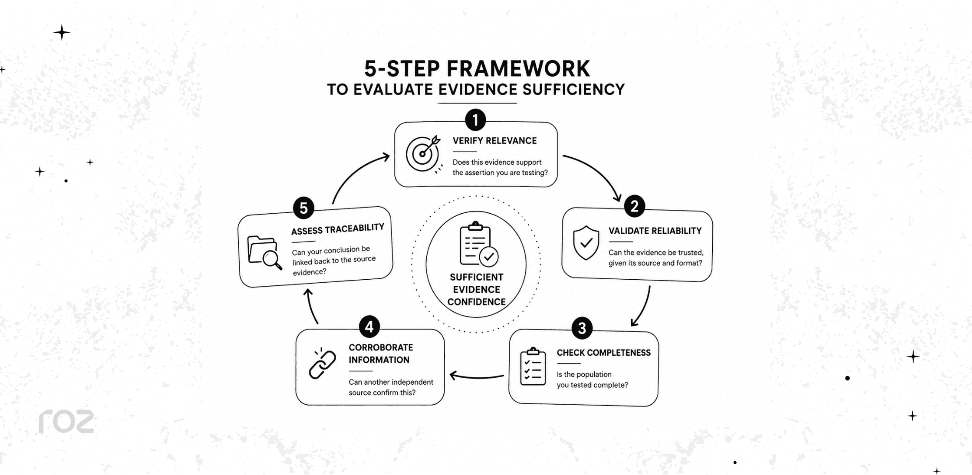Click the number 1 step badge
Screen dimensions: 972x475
pyautogui.click(x=476, y=120)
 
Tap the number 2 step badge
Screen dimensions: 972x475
pyautogui.click(x=635, y=206)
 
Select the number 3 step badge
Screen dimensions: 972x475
pyautogui.click(x=582, y=328)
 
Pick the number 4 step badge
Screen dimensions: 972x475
pyautogui.click(x=369, y=327)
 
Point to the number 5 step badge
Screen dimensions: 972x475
pyautogui.click(x=304, y=208)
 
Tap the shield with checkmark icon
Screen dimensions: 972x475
pyautogui.click(x=586, y=243)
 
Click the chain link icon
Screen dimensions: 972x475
pyautogui.click(x=322, y=363)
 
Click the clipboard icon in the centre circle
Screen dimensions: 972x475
pyautogui.click(x=478, y=243)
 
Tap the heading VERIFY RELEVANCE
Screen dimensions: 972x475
pyautogui.click(x=495, y=141)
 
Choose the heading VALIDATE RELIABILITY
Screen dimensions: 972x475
pyautogui.click(x=655, y=231)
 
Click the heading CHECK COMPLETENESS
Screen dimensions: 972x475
pyautogui.click(x=604, y=352)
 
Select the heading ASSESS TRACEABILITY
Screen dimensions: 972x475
pyautogui.click(x=338, y=229)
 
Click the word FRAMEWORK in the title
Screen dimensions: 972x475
pyautogui.click(x=518, y=69)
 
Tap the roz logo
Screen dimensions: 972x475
pyautogui.click(x=66, y=421)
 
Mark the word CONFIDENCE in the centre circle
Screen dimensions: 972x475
pyautogui.click(x=477, y=302)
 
